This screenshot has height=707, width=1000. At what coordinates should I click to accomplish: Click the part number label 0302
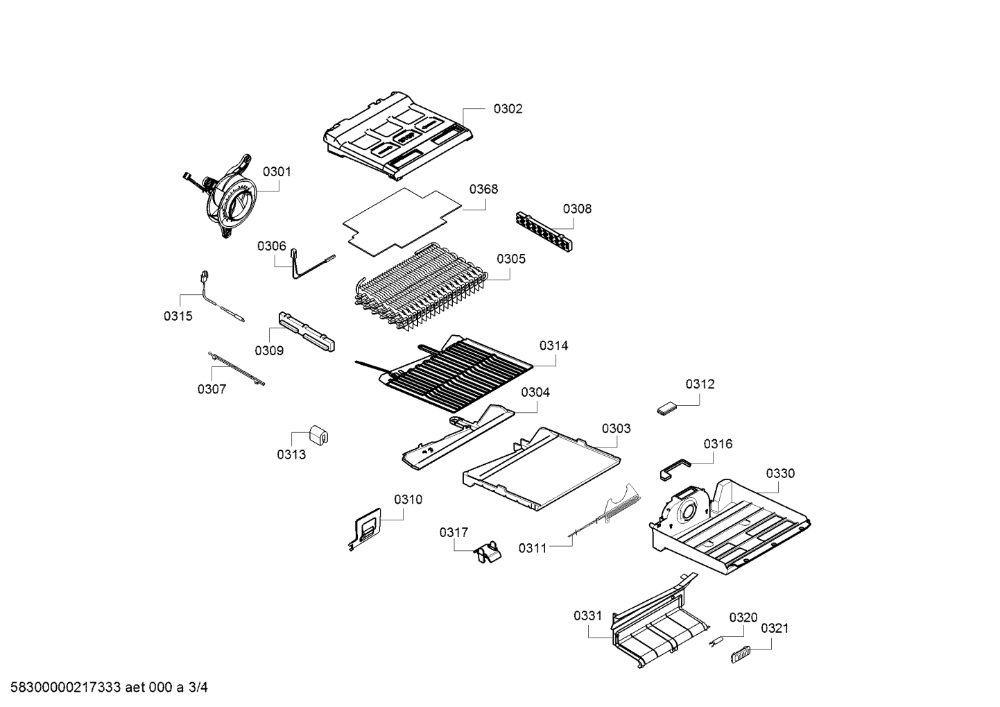pyautogui.click(x=508, y=109)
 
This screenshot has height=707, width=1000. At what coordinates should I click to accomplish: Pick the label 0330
pyautogui.click(x=780, y=474)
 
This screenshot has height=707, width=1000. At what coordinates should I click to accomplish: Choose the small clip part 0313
pyautogui.click(x=318, y=436)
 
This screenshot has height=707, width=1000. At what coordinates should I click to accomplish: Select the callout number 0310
pyautogui.click(x=408, y=500)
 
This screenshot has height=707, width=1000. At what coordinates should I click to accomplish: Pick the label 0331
pyautogui.click(x=587, y=615)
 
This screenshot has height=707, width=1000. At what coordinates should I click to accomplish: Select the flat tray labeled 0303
pyautogui.click(x=541, y=472)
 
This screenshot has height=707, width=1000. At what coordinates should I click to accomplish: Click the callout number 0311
pyautogui.click(x=533, y=548)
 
